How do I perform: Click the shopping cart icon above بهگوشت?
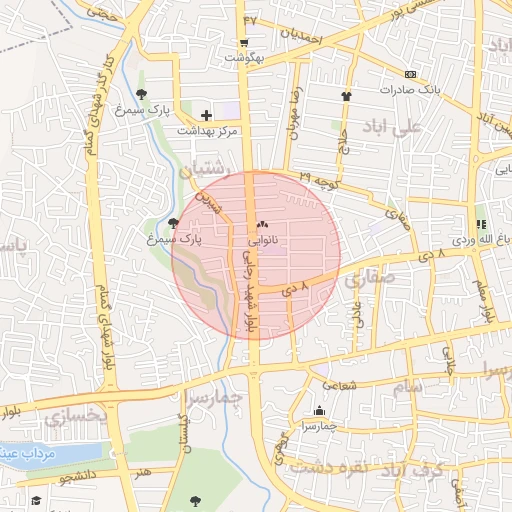[x=244, y=43]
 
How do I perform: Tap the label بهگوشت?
[x=244, y=58]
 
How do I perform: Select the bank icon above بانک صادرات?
[x=410, y=75]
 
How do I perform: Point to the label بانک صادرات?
[x=410, y=90]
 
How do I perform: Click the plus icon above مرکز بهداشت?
[x=207, y=116]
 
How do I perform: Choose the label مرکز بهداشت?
[x=206, y=131]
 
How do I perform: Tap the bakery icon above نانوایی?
[x=263, y=226]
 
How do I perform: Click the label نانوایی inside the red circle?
[x=263, y=241]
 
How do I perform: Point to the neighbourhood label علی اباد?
[x=424, y=128]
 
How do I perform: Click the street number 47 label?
[x=250, y=19]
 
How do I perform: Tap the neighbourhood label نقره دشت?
[x=325, y=467]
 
